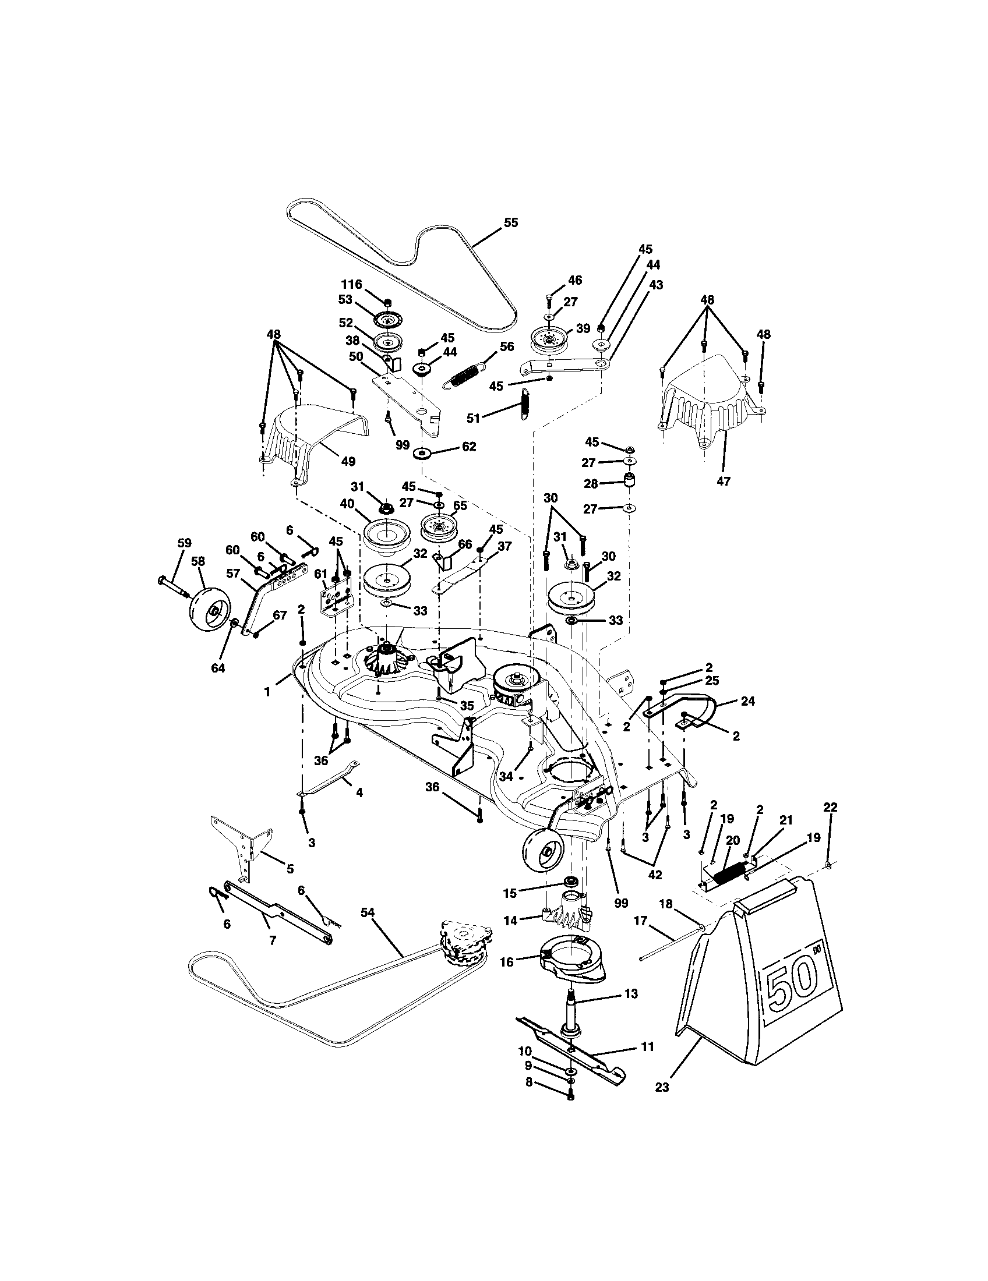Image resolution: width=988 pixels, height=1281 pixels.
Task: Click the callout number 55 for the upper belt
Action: (511, 223)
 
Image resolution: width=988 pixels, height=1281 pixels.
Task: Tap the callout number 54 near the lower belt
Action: (368, 912)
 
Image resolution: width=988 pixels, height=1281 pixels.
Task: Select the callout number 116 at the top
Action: (352, 285)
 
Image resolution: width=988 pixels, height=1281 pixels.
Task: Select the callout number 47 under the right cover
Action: (724, 482)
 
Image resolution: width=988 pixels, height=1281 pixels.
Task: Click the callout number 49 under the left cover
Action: (348, 462)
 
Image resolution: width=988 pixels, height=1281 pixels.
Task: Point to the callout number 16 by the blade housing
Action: (506, 962)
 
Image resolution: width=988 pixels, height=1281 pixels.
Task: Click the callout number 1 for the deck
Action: (267, 692)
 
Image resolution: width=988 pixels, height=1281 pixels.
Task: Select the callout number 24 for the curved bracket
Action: (749, 701)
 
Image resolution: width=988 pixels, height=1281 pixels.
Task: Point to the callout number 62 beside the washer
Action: (469, 447)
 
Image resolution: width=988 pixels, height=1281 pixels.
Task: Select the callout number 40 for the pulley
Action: (347, 504)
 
